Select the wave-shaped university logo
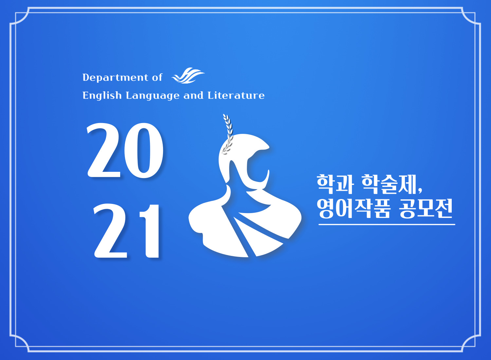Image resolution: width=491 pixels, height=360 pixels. (188, 76)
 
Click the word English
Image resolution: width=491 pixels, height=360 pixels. (102, 96)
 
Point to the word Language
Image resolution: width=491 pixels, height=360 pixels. (153, 96)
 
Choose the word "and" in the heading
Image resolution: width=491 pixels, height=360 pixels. (193, 96)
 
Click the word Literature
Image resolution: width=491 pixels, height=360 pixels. (236, 96)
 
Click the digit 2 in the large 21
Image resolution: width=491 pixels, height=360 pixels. (111, 231)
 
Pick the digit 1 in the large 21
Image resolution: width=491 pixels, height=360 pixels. (150, 231)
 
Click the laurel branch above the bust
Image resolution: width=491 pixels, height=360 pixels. (227, 133)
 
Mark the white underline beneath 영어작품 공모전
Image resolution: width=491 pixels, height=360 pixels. (387, 225)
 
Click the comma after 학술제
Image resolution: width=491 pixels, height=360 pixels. (420, 190)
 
